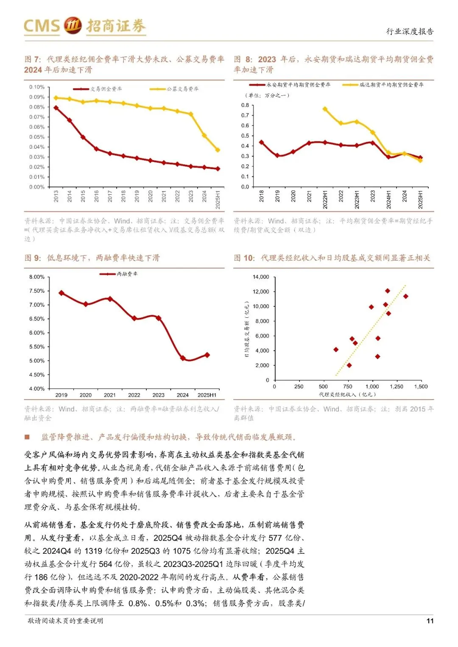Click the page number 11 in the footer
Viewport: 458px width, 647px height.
[430, 621]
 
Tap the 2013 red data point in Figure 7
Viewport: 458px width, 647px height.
[56, 108]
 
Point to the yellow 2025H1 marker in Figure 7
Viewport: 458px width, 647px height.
[218, 150]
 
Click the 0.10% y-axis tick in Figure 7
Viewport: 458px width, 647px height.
[37, 87]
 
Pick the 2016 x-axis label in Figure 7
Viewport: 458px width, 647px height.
[97, 196]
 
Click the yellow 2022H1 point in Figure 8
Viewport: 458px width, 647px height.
[325, 109]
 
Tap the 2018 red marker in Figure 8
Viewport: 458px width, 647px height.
[261, 142]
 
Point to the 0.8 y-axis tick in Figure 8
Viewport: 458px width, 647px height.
[245, 105]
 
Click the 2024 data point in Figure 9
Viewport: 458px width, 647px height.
[183, 358]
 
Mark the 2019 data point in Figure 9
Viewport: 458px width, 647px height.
[61, 293]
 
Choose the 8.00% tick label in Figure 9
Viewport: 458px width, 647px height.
[37, 277]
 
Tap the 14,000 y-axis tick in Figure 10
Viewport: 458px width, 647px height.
[261, 277]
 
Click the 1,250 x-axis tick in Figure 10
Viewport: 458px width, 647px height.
[397, 386]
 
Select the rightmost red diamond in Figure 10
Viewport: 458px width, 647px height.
[405, 296]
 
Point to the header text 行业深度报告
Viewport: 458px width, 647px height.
[410, 31]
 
